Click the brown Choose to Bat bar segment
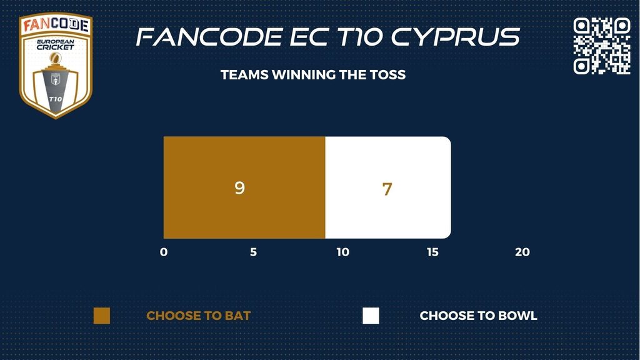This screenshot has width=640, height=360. [244, 187]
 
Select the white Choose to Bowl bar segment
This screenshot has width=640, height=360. [388, 187]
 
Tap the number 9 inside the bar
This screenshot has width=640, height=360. [239, 187]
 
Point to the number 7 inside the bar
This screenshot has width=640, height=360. [387, 189]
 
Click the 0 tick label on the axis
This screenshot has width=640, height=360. [164, 252]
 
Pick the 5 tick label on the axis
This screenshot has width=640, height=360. [254, 252]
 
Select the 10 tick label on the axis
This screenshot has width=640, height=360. [343, 252]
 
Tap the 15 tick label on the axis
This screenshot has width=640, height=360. [432, 252]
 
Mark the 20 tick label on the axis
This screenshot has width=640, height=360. [522, 252]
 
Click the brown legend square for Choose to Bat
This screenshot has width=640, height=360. [102, 316]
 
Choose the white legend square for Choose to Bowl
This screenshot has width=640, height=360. [371, 316]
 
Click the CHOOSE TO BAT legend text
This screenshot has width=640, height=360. [198, 316]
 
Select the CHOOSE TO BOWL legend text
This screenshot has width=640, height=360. [478, 316]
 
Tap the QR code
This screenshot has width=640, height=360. [602, 46]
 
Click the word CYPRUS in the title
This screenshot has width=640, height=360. [456, 37]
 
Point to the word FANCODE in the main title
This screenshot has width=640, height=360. [209, 37]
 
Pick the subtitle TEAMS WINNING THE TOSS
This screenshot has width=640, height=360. [313, 75]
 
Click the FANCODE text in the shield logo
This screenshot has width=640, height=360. [56, 25]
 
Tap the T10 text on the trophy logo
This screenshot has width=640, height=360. [56, 99]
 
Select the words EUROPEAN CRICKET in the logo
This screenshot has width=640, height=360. [56, 44]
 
